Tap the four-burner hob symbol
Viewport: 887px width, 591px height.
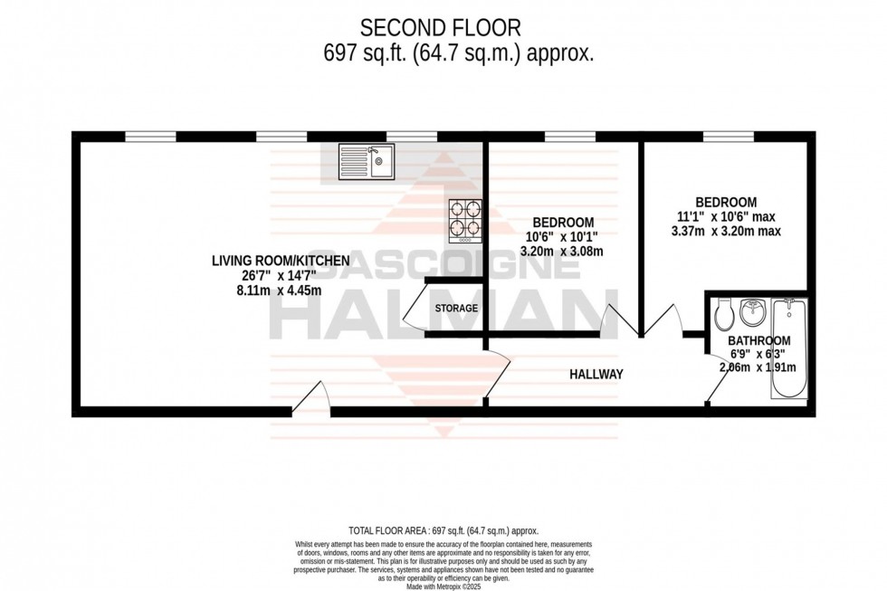465,221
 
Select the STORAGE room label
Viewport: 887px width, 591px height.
456,309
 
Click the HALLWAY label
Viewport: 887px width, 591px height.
596,374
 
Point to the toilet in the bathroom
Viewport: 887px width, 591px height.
723,314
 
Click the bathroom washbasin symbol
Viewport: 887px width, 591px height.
752,312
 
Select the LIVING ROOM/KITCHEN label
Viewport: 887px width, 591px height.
281,261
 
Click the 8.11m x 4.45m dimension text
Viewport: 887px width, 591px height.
281,291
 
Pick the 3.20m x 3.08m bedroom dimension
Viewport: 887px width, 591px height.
562,252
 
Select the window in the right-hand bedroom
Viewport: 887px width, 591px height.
730,137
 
